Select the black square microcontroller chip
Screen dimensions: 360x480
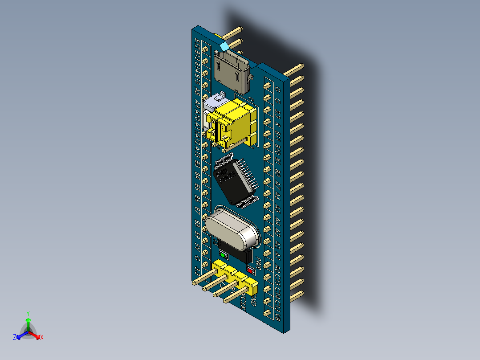point(232,180)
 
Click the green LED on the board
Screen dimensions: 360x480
point(224,255)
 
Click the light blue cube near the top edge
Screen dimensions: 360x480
point(224,46)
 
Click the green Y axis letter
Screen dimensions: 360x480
point(28,313)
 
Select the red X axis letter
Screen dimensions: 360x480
point(42,338)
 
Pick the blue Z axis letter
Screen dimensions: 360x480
point(15,338)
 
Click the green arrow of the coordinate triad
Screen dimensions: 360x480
point(28,323)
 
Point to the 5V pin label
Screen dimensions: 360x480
point(197,245)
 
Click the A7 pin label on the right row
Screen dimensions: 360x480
point(277,184)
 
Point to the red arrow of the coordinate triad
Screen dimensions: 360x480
point(35,335)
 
